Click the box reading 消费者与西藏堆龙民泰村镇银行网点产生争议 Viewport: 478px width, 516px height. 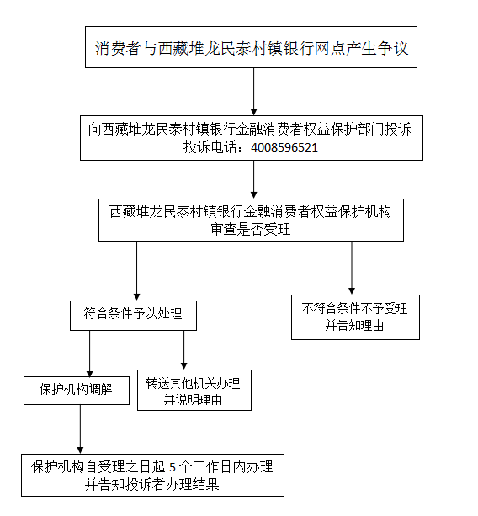pos(251,47)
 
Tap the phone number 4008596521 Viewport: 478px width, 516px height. pos(284,147)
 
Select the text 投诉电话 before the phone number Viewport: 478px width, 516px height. pos(210,147)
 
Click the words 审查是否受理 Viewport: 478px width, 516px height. pos(250,229)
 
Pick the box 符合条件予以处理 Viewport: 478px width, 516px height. pos(133,316)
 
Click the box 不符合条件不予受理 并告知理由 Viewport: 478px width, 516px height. pos(355,317)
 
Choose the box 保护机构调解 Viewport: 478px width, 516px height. pos(77,391)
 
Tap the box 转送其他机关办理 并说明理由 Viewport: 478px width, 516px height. pos(194,390)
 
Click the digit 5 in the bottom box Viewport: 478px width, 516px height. pos(173,467)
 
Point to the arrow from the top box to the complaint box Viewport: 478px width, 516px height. pos(253,92)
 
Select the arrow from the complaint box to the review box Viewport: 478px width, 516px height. pos(253,179)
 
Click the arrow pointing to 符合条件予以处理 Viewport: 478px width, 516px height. pos(137,271)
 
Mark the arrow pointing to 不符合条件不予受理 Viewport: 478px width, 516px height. pos(352,268)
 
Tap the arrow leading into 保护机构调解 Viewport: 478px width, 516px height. pos(89,354)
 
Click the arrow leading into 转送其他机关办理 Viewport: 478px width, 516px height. pos(184,350)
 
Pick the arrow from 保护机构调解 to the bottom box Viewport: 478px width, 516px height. pos(80,429)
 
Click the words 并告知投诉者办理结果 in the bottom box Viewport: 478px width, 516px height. pos(151,484)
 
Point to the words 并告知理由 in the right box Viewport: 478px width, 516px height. pos(354,326)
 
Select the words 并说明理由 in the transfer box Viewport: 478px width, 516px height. pos(193,400)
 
